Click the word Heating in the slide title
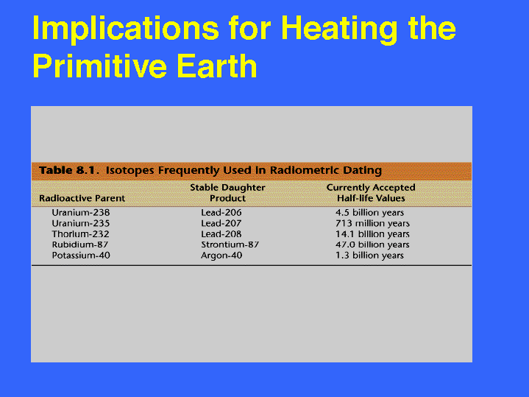click(339, 29)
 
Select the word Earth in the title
click(217, 66)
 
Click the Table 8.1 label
click(67, 170)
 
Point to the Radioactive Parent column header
click(82, 198)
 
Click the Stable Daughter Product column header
click(228, 193)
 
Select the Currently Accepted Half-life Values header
click(371, 193)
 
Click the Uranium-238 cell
click(81, 213)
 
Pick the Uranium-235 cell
click(81, 223)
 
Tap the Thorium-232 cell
click(81, 234)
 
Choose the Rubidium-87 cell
click(80, 245)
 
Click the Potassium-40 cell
click(81, 256)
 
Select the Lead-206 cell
click(221, 213)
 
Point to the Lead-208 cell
click(221, 234)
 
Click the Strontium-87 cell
click(230, 245)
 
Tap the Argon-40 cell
click(221, 256)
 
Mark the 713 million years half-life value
click(372, 223)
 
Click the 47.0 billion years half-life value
click(372, 245)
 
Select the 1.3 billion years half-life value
click(369, 256)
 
